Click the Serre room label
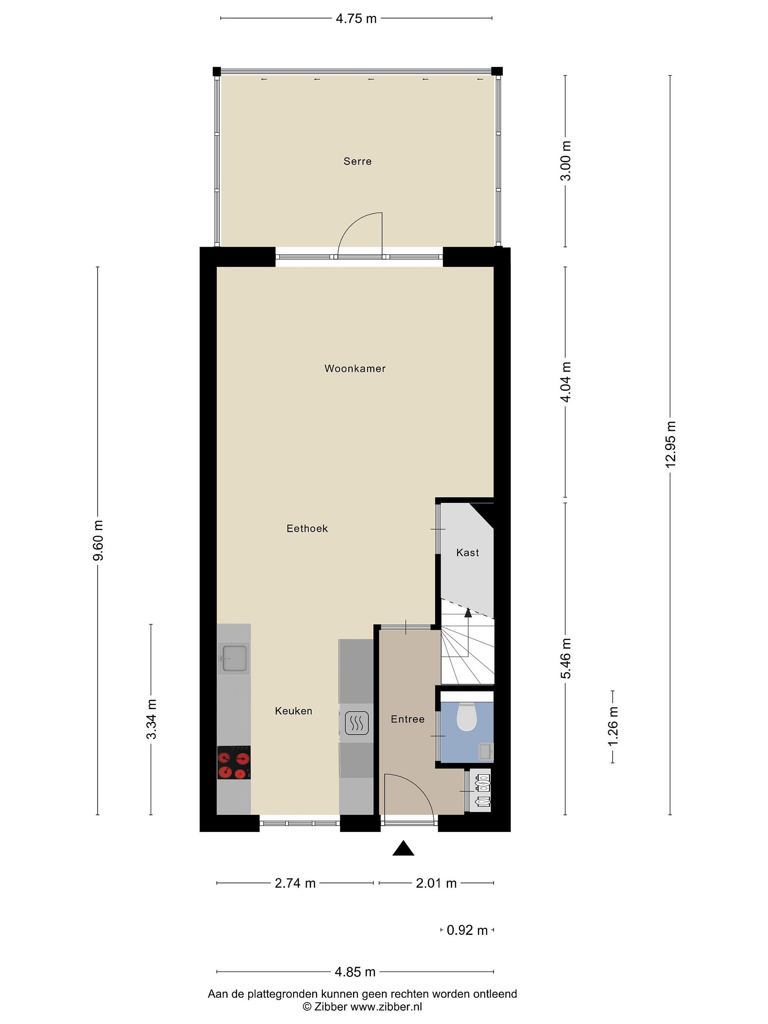click(357, 161)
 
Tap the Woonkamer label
click(355, 368)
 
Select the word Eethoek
click(307, 528)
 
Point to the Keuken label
click(293, 711)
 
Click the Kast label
click(468, 552)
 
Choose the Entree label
click(407, 719)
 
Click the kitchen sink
click(234, 658)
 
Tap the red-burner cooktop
click(234, 762)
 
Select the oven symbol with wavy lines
click(357, 723)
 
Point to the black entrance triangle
click(403, 848)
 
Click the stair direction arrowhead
click(468, 613)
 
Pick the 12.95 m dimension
click(670, 444)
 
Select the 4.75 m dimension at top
click(356, 18)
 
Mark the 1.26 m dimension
click(613, 726)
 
